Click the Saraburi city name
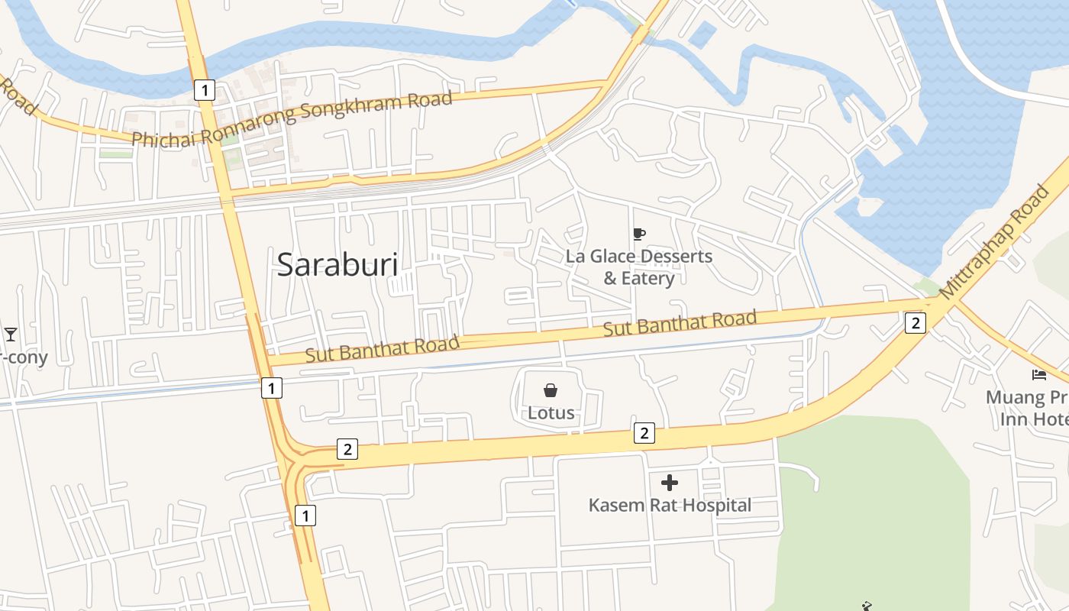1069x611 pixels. (x=337, y=264)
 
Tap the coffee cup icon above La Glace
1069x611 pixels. (x=639, y=234)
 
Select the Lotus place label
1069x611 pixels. (x=551, y=414)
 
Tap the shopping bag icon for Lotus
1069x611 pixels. (x=551, y=391)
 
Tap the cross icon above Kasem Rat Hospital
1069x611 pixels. (x=670, y=483)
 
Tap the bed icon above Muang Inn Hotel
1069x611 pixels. (x=1039, y=374)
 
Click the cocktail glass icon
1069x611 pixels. (x=11, y=335)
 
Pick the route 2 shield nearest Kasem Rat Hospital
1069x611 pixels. (x=644, y=434)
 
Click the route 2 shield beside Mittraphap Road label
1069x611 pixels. (x=916, y=323)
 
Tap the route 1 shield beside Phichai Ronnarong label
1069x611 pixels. (x=203, y=90)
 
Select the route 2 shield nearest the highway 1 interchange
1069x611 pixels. (x=347, y=449)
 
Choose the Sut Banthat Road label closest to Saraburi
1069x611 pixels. (x=382, y=348)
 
